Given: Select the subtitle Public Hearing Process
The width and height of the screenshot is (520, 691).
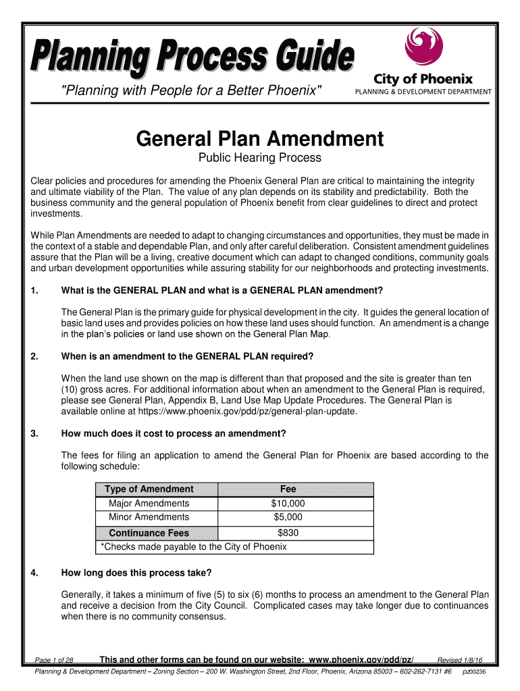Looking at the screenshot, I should (259, 159).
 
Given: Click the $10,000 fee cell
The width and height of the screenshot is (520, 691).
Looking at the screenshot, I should (288, 503).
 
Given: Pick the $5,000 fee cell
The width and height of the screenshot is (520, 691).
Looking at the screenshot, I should (288, 518).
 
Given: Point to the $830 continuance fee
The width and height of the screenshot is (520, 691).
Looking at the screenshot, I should (288, 533).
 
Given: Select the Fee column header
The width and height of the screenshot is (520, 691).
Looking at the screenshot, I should (288, 489).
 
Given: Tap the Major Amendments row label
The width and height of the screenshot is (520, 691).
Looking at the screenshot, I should (149, 503).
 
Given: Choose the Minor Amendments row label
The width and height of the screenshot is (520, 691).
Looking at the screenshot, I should (149, 518).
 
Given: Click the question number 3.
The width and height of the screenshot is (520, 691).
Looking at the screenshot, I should (34, 433).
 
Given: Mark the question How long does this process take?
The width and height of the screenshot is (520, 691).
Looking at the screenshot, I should (136, 574).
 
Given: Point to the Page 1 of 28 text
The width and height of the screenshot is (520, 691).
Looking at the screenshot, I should (54, 660).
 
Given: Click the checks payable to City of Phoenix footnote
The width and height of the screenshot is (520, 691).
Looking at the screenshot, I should (193, 547).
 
